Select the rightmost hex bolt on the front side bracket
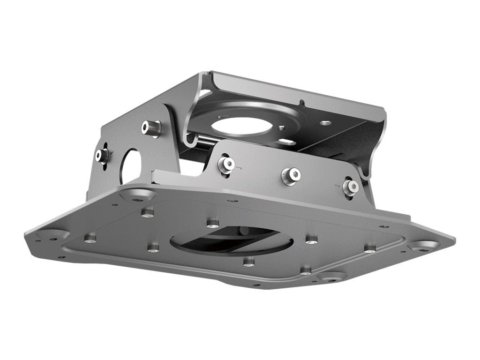point(350,187)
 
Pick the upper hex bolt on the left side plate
point(151,127)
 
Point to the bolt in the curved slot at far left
point(102,155)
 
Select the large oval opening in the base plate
point(232,240)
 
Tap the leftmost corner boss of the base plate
point(53,234)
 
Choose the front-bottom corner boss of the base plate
point(332,277)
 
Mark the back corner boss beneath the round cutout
point(137,195)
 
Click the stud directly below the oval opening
point(249,262)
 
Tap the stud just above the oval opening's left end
point(213,223)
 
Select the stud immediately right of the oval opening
point(312,239)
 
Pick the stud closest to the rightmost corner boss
point(370,248)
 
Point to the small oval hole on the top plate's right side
point(326,123)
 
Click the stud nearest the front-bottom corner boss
point(306,270)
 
